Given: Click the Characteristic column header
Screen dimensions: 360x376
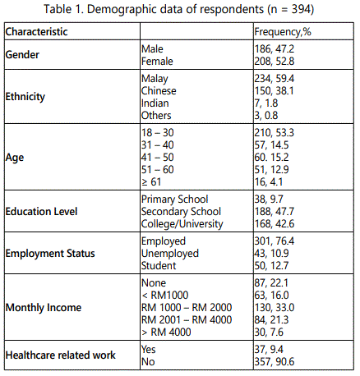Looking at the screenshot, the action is coord(36,32).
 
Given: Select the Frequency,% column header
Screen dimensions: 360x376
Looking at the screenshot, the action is coord(283,32).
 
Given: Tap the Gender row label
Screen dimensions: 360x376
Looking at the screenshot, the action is coord(22,55).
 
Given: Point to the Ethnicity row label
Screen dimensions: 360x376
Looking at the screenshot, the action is coord(25,97).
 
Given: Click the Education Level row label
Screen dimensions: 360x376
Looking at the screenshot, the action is coord(41,212).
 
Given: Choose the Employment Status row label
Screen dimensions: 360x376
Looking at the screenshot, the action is coord(50,254).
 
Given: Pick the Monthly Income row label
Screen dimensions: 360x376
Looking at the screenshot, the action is coord(44,308).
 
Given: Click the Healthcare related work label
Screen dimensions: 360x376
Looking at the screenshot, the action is coord(61,355).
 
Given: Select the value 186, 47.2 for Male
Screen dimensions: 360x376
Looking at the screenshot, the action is coord(275,49).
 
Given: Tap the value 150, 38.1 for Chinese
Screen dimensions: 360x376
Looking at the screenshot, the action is coord(274,91).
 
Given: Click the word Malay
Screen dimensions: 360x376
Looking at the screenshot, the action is coord(155,79).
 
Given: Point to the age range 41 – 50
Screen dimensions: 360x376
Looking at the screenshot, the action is coord(158,158).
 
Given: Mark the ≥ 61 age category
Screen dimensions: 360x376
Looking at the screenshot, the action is coord(151,182).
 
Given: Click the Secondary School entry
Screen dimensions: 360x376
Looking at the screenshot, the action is coord(181,212).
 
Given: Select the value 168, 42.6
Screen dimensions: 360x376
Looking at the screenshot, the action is coord(275,224).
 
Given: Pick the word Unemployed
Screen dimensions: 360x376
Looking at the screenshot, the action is coord(170,254).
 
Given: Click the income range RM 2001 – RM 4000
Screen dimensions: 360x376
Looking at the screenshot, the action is coord(187,319).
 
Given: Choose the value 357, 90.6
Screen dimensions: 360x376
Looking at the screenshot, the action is coord(275,362).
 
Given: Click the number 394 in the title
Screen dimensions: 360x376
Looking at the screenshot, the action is coord(301,9).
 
